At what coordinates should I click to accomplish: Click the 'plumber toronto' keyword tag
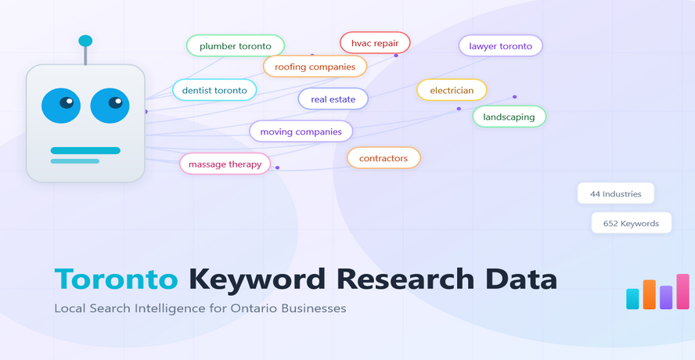pos(235,45)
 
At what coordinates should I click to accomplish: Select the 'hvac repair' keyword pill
pos(375,43)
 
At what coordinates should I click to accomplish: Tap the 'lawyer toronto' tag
pos(500,46)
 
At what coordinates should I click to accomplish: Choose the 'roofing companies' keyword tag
pos(315,67)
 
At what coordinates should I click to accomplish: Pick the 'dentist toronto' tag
pos(214,90)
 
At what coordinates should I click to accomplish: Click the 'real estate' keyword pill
pos(333,99)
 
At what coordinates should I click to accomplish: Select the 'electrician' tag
pos(452,90)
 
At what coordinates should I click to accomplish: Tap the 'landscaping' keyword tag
pos(509,117)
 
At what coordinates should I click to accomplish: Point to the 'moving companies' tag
pos(301,131)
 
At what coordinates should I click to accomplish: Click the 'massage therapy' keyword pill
pos(225,164)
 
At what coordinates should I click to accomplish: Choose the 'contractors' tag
pos(384,158)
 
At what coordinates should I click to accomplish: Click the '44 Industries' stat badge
pos(615,193)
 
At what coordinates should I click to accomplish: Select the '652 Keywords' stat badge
pos(631,223)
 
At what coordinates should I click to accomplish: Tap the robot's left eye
pos(61,106)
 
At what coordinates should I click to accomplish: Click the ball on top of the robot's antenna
pos(85,41)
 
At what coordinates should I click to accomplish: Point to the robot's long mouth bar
pos(85,150)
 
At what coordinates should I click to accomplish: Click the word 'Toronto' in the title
pos(117,279)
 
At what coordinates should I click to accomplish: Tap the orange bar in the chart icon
pos(649,294)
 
